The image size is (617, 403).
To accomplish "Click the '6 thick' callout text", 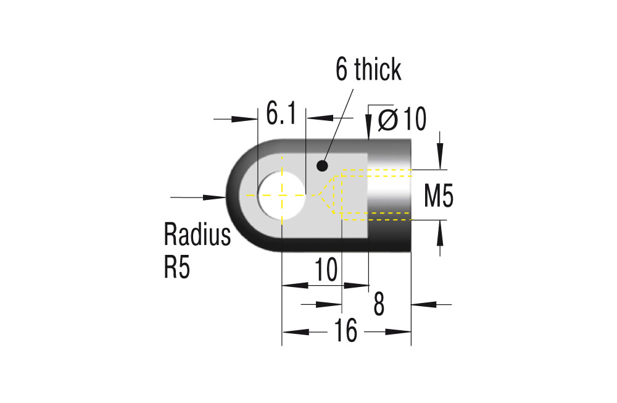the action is [x=368, y=70].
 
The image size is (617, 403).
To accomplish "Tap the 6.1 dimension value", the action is [x=281, y=114].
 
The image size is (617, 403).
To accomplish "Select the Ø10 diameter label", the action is [x=402, y=119].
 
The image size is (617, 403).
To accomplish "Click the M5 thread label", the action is [x=439, y=196].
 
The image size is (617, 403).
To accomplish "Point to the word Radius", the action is [x=197, y=235].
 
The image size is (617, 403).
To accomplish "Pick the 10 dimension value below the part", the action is [x=326, y=270].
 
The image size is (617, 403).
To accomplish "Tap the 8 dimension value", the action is [x=379, y=304].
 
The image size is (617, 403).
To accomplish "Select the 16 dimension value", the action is [x=346, y=331].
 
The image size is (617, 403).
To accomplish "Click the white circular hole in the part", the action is [x=282, y=195].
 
